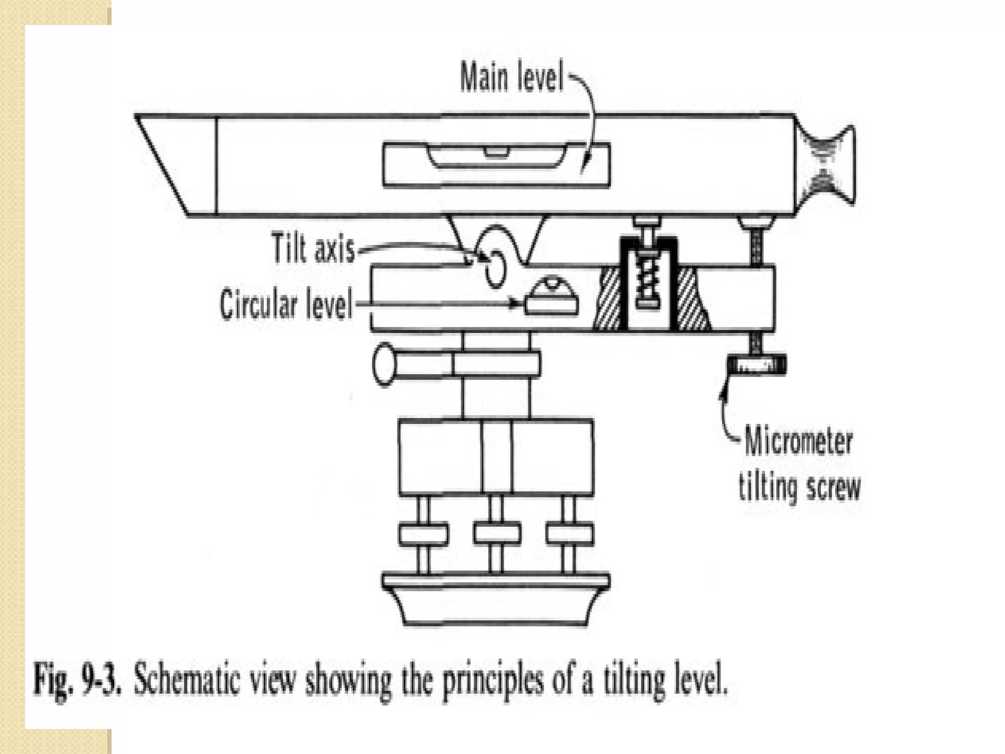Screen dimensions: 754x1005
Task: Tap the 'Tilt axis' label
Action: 313,249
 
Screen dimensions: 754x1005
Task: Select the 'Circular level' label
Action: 286,305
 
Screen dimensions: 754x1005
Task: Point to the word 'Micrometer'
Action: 798,441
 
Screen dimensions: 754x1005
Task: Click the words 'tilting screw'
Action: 799,487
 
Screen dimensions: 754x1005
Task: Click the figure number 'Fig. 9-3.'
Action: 77,680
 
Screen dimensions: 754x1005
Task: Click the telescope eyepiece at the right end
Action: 826,164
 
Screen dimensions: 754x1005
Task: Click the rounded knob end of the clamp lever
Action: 384,364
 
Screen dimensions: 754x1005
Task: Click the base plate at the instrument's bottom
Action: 496,601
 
